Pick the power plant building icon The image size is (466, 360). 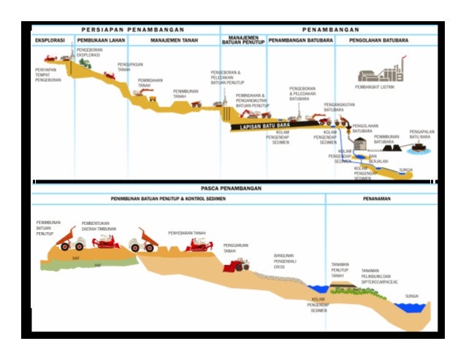coord(380,72)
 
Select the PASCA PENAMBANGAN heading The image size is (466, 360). coord(232,188)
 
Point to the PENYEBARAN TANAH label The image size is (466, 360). coord(187,233)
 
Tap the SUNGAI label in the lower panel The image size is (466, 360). coord(412,296)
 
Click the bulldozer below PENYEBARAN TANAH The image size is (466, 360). coord(198,245)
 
